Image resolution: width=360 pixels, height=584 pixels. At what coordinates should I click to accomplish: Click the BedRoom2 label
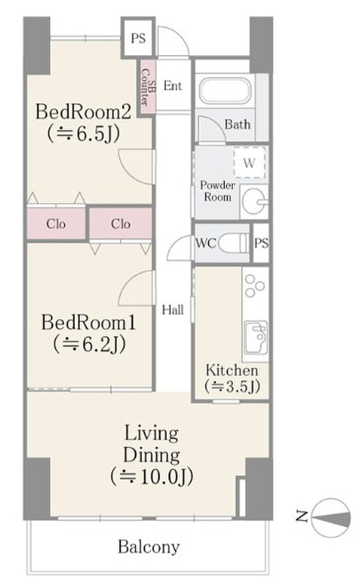[x=83, y=112]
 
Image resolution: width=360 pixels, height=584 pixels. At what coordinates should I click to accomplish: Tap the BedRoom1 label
[x=88, y=322]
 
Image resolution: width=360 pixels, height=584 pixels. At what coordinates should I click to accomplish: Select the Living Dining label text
[x=152, y=444]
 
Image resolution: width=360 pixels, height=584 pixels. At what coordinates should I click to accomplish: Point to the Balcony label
[x=149, y=547]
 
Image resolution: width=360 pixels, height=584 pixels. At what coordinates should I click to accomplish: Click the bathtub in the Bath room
[x=225, y=91]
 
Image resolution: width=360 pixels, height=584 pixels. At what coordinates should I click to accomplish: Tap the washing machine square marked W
[x=249, y=163]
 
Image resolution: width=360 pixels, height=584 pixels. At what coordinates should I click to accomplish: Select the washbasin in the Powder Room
[x=254, y=202]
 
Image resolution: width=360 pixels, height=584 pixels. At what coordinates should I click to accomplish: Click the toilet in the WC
[x=233, y=243]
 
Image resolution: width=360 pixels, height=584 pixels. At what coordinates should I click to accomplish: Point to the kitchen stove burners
[x=255, y=285]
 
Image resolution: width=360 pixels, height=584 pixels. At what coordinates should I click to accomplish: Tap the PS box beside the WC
[x=261, y=243]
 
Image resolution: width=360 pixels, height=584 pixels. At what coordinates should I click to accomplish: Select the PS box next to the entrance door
[x=138, y=39]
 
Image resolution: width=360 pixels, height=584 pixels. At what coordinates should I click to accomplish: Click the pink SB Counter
[x=146, y=87]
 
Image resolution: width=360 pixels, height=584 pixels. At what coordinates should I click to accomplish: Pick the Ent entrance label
[x=173, y=86]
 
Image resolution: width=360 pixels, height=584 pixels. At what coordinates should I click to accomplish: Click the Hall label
[x=173, y=310]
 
